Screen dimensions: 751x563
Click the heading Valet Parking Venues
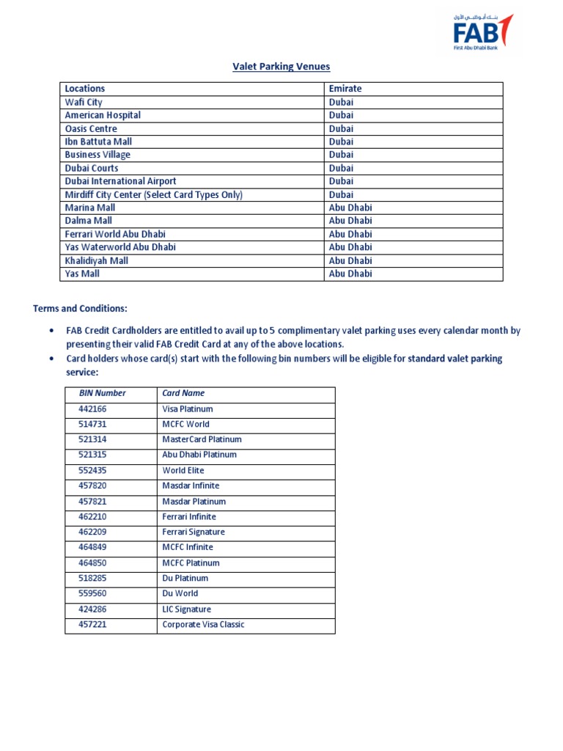[281, 67]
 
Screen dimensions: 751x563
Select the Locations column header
[85, 89]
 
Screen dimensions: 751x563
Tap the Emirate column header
[345, 89]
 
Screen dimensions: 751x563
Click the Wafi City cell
[84, 102]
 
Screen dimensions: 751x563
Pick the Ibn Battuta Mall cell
[98, 142]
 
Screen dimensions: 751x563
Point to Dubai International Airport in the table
[120, 181]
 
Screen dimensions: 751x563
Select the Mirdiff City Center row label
[153, 194]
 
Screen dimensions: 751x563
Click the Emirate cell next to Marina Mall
[350, 208]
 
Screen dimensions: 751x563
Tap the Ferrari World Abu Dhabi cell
[115, 234]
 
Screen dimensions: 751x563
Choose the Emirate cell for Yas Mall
[350, 274]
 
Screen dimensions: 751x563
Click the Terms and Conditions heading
[80, 309]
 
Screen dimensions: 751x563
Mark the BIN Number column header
[102, 393]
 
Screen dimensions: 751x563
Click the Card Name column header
[183, 393]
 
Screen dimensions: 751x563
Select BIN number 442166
[92, 409]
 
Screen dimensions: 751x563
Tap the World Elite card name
[183, 471]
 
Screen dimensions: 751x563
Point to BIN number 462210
[92, 517]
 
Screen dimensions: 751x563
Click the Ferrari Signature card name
[194, 532]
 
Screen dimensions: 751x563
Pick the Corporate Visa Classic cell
[203, 625]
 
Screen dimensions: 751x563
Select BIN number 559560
[92, 594]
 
